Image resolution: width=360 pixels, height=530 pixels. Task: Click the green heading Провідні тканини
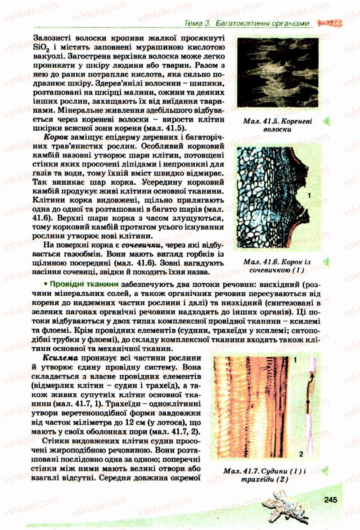(79, 284)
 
